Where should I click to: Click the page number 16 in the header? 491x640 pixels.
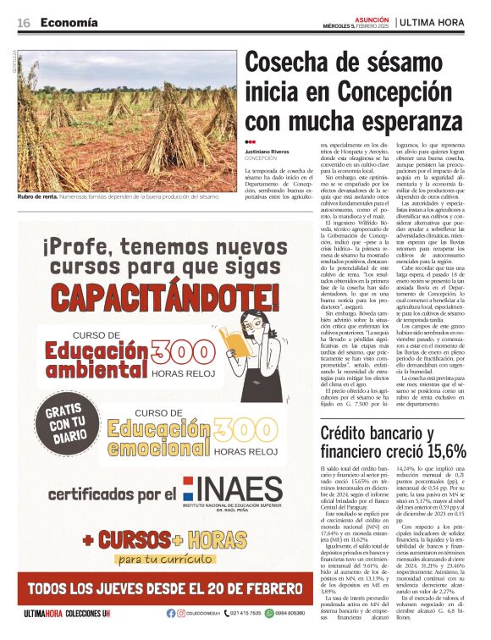(x=24, y=23)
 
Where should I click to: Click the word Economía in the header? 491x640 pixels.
(x=69, y=23)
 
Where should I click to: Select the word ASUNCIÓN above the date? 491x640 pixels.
(x=370, y=17)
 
